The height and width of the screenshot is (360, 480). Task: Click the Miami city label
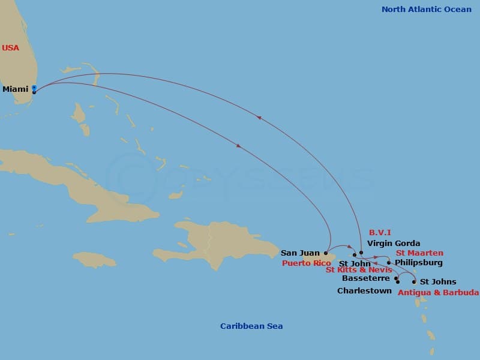click(x=16, y=89)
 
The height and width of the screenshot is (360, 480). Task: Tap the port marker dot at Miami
click(x=34, y=92)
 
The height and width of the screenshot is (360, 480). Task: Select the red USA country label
click(x=10, y=48)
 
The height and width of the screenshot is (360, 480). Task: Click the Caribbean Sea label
click(x=251, y=326)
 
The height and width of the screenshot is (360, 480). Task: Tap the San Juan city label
click(x=300, y=253)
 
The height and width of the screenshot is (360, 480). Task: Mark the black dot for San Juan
click(x=326, y=253)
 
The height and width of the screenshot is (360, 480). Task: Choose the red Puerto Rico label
click(x=306, y=263)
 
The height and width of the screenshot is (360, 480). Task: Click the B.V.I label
click(x=380, y=232)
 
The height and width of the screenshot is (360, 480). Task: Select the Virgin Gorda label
click(x=393, y=244)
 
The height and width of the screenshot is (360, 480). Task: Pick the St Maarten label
click(x=419, y=253)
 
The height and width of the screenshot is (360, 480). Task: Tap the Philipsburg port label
click(x=419, y=263)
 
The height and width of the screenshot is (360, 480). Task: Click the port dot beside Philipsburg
click(x=389, y=263)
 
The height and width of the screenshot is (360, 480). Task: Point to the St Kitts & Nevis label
click(x=359, y=270)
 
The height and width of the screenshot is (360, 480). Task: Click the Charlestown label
click(x=364, y=291)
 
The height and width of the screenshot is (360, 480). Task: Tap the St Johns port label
click(x=438, y=282)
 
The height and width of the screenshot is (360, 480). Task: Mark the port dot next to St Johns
click(x=414, y=281)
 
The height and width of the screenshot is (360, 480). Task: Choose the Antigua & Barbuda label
click(x=438, y=293)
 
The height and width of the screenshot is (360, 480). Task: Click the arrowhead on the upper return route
click(x=259, y=118)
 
